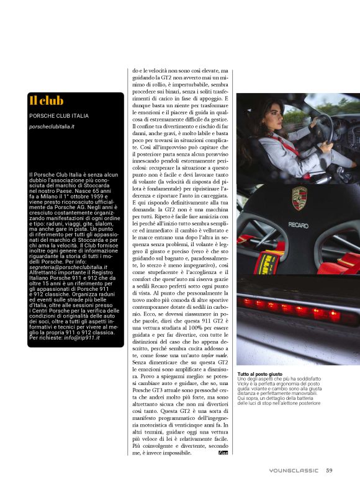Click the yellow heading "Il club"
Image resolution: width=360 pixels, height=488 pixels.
click(x=47, y=100)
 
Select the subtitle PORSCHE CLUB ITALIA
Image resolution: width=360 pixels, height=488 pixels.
click(x=59, y=116)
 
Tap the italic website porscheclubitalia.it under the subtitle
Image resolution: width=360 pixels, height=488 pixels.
click(x=52, y=126)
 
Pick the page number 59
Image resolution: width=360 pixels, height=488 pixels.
click(x=330, y=470)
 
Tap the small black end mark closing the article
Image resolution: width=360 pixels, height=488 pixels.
click(x=223, y=454)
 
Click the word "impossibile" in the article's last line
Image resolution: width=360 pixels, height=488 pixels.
click(x=195, y=453)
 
